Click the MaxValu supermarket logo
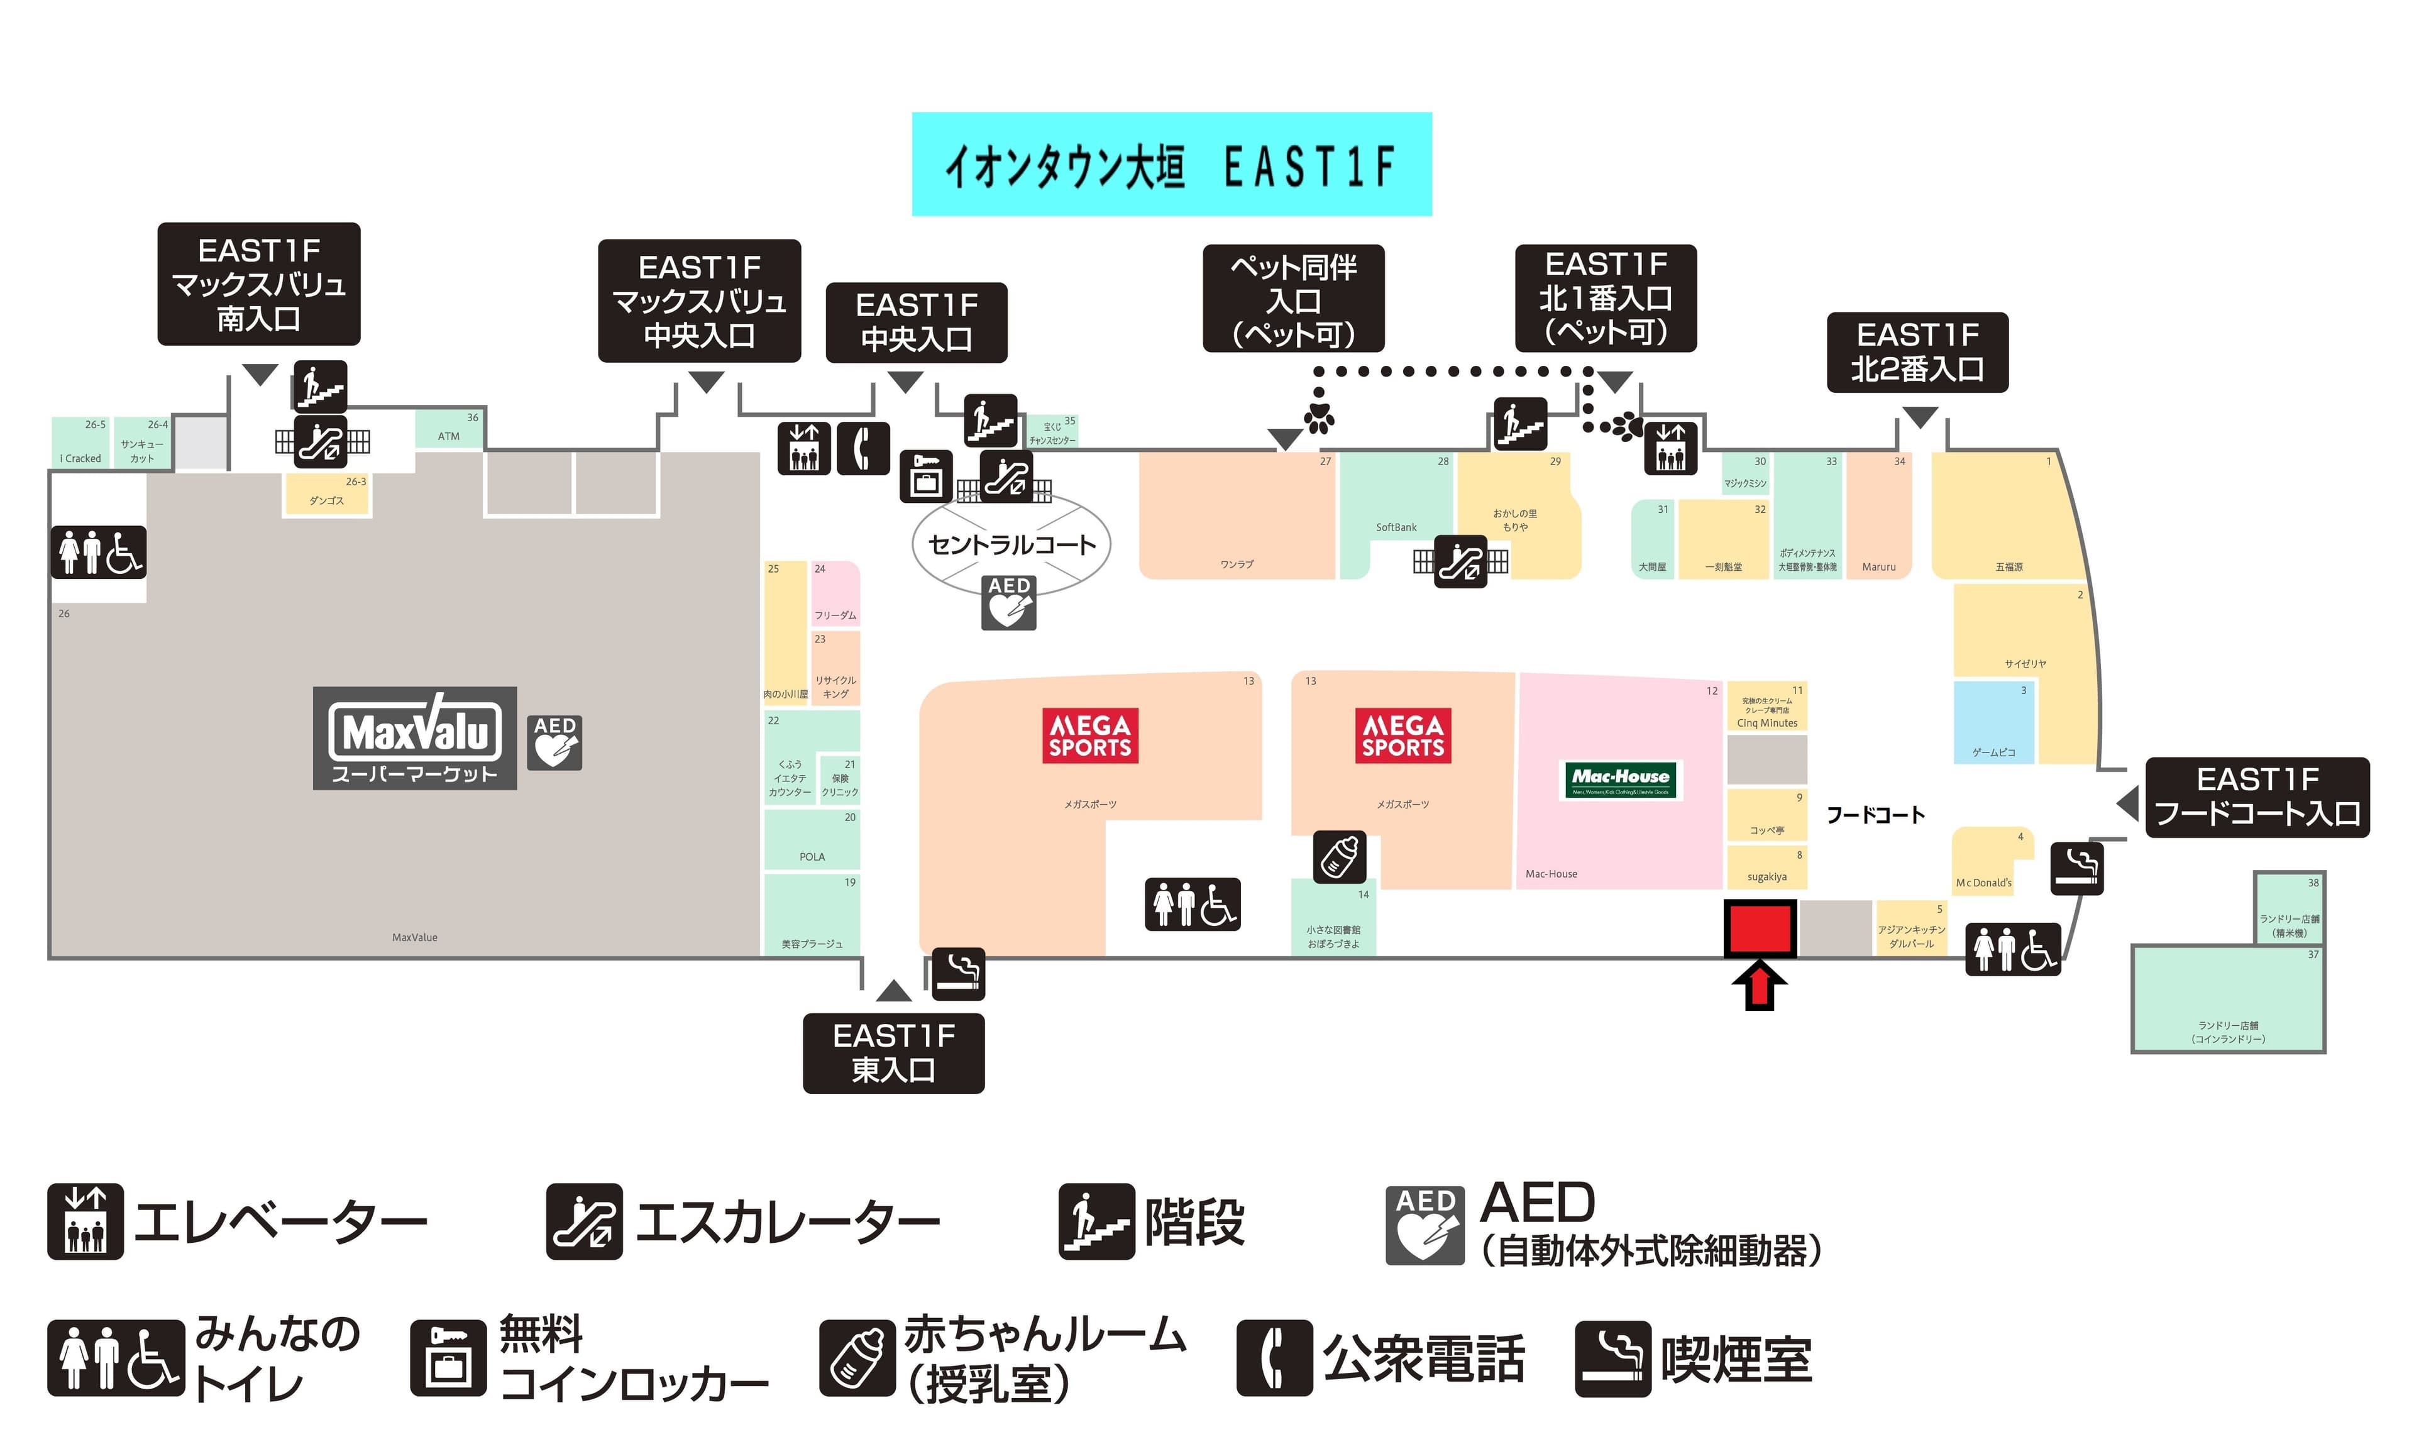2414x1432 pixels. click(x=415, y=738)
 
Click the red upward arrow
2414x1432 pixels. click(x=1760, y=986)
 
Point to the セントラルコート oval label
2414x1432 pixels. click(x=1011, y=545)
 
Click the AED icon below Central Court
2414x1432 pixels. click(x=1008, y=603)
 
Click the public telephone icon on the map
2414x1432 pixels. click(x=863, y=449)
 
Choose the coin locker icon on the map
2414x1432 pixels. click(x=926, y=476)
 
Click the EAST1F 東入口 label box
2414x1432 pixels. click(x=893, y=1053)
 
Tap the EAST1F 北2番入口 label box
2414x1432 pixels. click(x=1917, y=352)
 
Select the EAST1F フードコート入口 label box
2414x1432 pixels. click(x=2257, y=797)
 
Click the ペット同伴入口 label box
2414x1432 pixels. click(x=1293, y=298)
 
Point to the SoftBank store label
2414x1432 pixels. click(x=1396, y=528)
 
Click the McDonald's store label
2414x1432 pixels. click(x=1983, y=882)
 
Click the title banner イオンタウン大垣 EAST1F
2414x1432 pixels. click(x=1171, y=165)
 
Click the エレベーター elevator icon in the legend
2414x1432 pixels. click(x=86, y=1221)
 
